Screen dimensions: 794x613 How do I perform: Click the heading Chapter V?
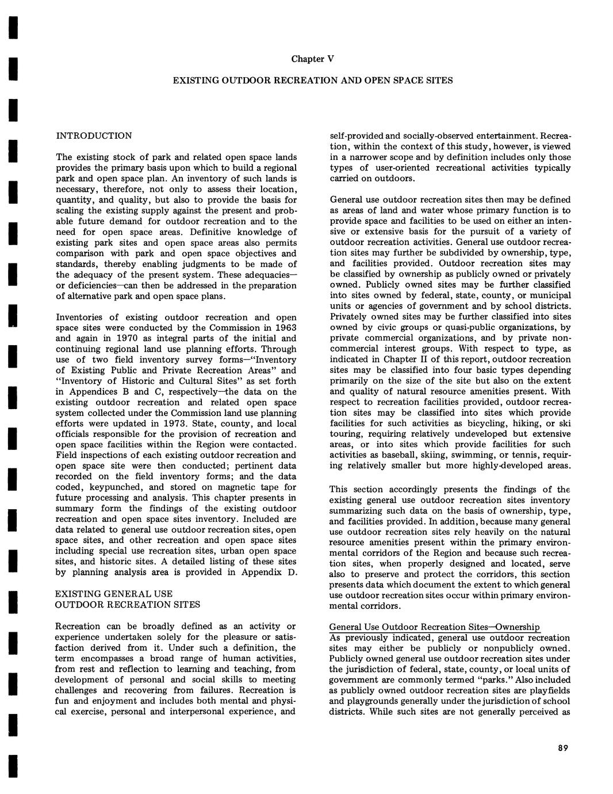[x=312, y=59]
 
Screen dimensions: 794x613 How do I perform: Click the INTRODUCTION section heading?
[x=94, y=136]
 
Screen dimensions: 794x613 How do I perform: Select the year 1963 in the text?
[x=285, y=327]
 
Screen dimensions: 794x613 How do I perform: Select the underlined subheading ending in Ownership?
[x=434, y=627]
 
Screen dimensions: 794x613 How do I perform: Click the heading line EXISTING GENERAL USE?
[x=113, y=593]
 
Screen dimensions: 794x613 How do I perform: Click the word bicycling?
[x=467, y=423]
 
